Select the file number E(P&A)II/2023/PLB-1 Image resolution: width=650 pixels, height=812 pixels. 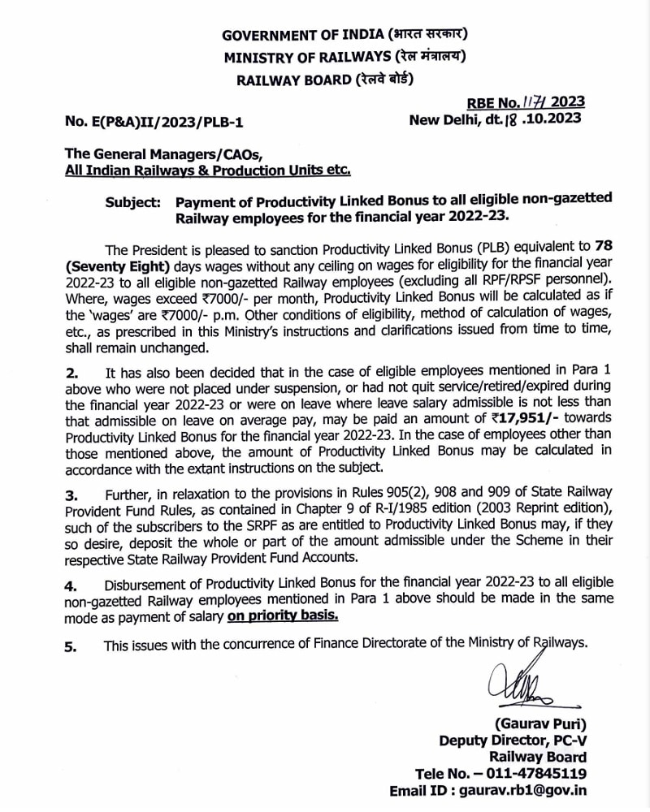[154, 123]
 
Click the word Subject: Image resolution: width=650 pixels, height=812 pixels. [132, 201]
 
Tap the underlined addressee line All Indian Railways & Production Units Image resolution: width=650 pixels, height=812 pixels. [209, 171]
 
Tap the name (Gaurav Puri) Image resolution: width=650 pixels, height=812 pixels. [539, 724]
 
